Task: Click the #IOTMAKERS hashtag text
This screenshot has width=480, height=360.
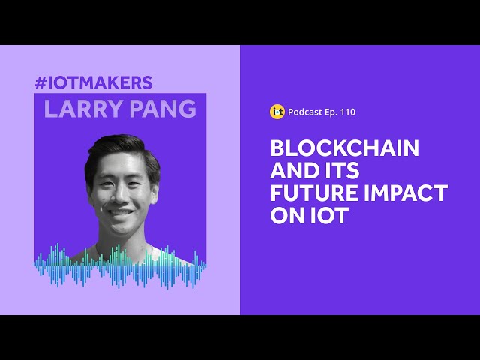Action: pyautogui.click(x=94, y=82)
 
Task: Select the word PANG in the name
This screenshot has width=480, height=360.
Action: pyautogui.click(x=163, y=109)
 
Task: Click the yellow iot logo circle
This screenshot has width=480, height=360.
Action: pyautogui.click(x=277, y=112)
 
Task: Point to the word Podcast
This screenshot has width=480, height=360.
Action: pyautogui.click(x=305, y=112)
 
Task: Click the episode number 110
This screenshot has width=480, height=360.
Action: pyautogui.click(x=348, y=112)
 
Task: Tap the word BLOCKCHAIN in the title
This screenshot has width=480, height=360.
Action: pyautogui.click(x=345, y=148)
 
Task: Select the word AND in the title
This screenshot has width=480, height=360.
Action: pyautogui.click(x=291, y=170)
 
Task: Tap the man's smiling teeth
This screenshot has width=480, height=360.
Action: pyautogui.click(x=121, y=212)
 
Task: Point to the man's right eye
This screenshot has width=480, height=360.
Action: pyautogui.click(x=106, y=184)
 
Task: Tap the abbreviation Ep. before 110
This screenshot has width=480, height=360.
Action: pyautogui.click(x=331, y=112)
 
